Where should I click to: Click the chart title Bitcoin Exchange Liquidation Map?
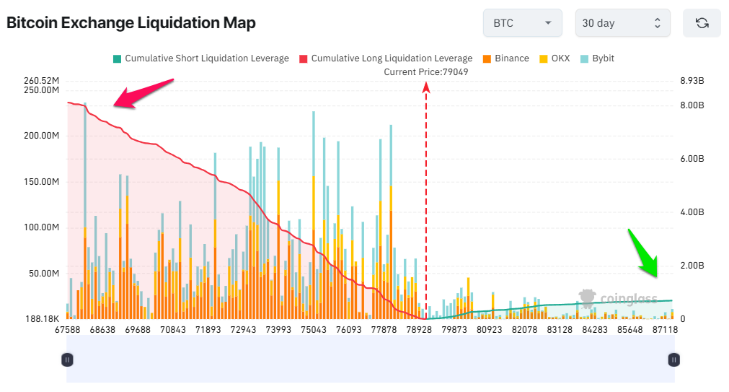click(x=131, y=23)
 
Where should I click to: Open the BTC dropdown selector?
click(x=522, y=23)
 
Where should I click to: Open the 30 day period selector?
click(x=622, y=23)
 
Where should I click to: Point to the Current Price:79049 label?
click(x=426, y=71)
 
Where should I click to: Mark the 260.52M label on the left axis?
click(x=41, y=80)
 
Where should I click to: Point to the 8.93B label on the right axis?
click(x=692, y=80)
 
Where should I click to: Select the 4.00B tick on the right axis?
click(x=692, y=212)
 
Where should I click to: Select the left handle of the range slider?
click(x=67, y=359)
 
